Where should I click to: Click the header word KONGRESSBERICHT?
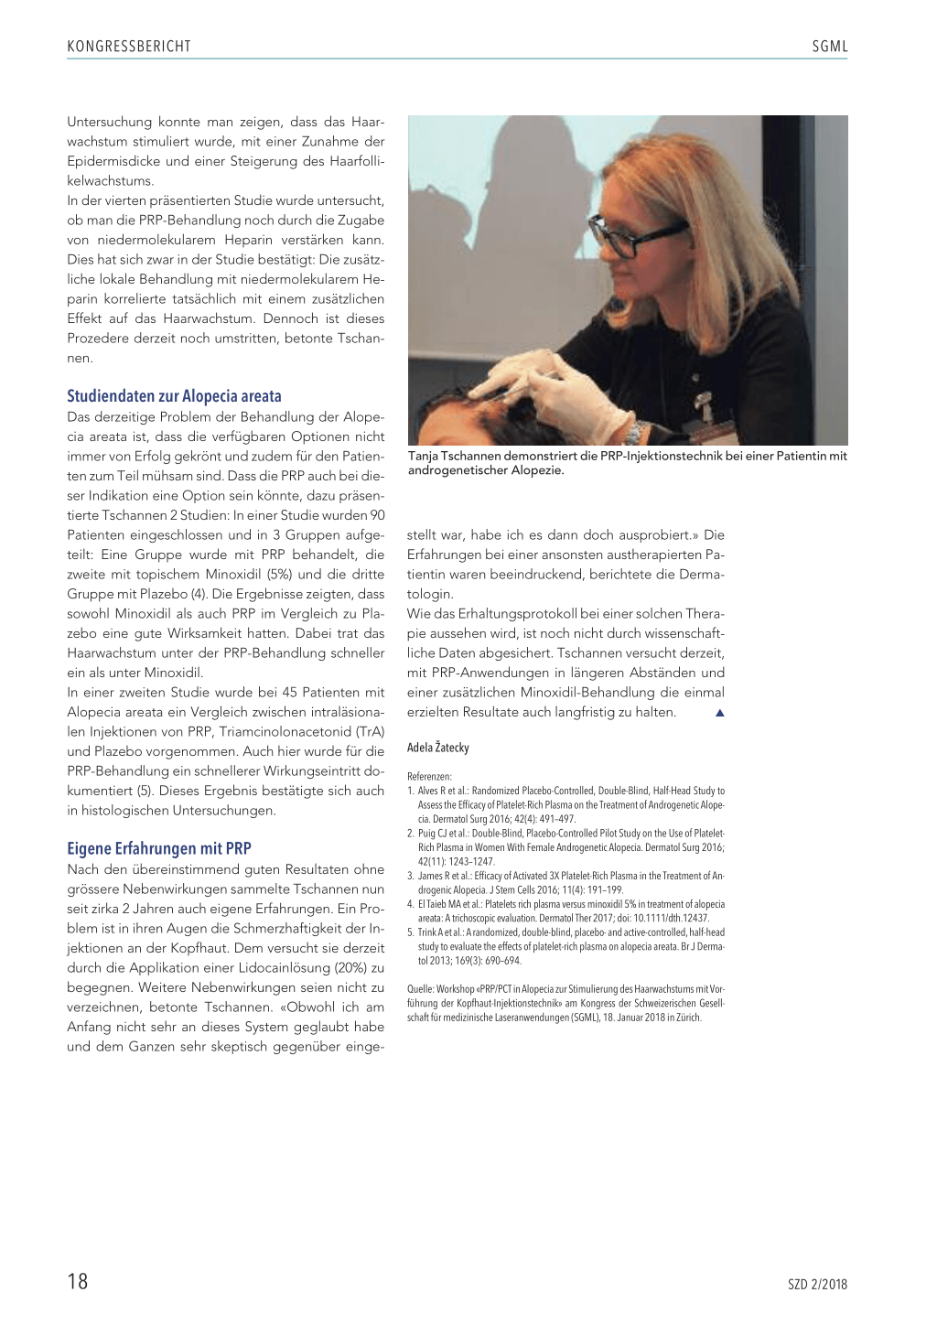click(129, 46)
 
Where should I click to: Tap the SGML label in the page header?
click(829, 46)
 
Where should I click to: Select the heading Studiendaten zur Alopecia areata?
click(174, 396)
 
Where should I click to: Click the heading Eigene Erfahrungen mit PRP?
click(159, 848)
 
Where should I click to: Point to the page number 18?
click(78, 1281)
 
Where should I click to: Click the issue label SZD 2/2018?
click(817, 1285)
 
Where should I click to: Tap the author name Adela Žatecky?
click(438, 748)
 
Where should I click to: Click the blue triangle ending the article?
click(719, 713)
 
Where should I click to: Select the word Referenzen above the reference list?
click(428, 776)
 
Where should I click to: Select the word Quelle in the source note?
click(420, 989)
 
